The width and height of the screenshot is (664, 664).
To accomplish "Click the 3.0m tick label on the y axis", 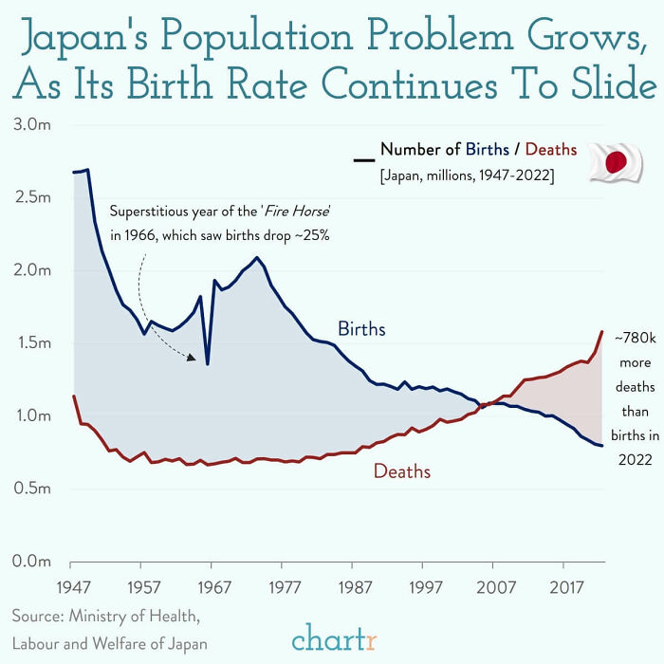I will coord(32,124).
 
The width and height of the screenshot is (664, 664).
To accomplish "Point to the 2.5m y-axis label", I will coord(32,197).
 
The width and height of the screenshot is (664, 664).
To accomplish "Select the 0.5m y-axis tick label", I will coord(32,489).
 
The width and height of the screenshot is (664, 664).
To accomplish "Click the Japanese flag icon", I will coord(616,162).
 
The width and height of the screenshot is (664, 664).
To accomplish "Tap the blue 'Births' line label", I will coord(361,329).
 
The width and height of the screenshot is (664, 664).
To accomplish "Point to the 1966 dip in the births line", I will coord(207,362).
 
